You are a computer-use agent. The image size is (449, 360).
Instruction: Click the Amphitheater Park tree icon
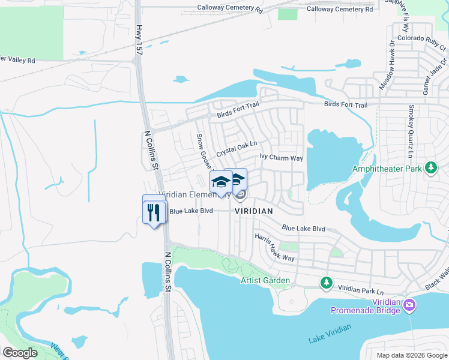(430, 167)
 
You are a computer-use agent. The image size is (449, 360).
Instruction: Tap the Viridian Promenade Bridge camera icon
(409, 305)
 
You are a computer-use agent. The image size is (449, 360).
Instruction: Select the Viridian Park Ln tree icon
(326, 282)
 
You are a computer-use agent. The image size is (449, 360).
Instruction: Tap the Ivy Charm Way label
(281, 158)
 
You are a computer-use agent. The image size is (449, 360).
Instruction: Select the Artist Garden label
(265, 280)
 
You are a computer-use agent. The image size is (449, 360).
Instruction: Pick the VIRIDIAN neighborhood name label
(254, 211)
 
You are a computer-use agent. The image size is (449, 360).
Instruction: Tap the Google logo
(20, 352)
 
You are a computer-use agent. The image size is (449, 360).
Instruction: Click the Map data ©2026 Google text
(411, 355)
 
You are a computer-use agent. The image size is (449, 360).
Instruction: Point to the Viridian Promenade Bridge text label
(367, 305)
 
